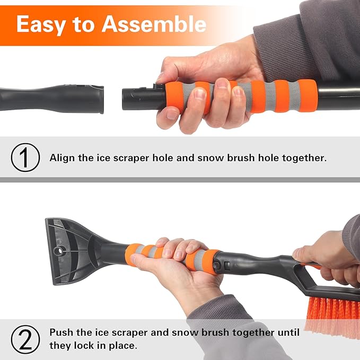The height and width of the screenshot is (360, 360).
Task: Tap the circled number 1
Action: click(25, 157)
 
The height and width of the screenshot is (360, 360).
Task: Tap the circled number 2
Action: click(25, 338)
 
